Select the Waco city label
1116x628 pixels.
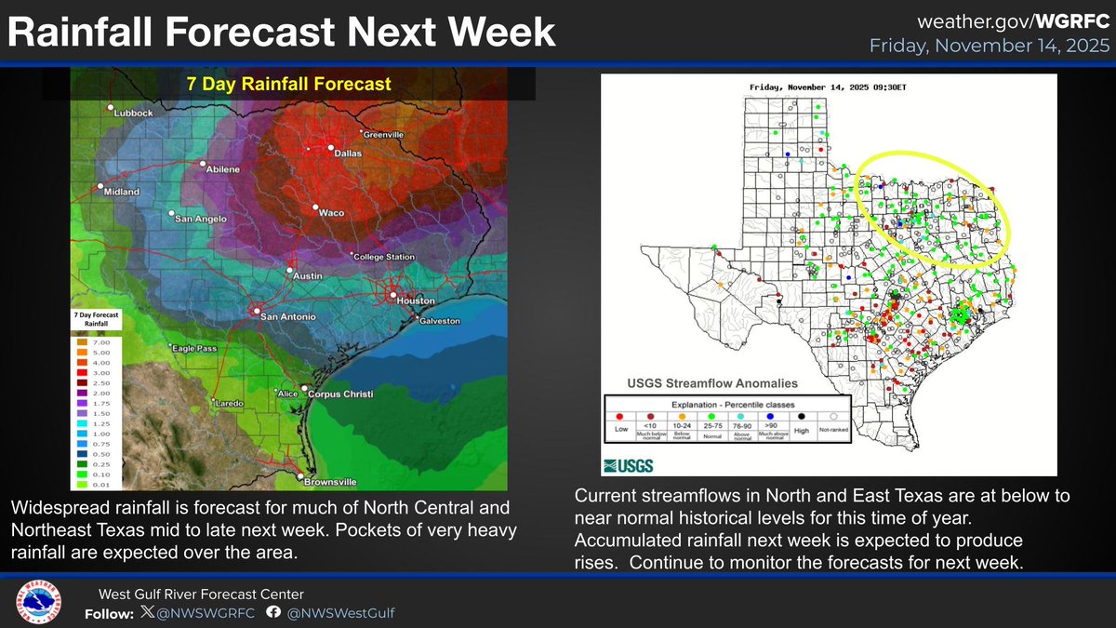pyautogui.click(x=332, y=213)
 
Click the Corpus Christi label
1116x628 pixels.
pyautogui.click(x=341, y=394)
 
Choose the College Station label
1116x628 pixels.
pyautogui.click(x=387, y=257)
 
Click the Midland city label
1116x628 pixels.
pyautogui.click(x=121, y=192)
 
